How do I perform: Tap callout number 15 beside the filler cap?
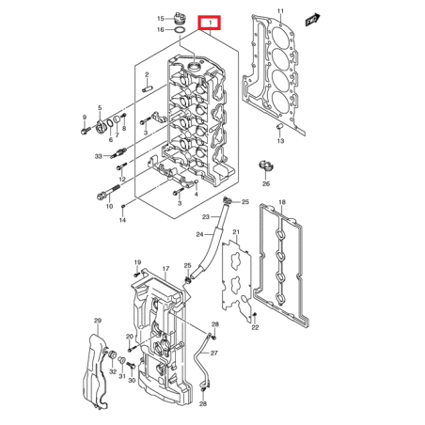(x=160, y=18)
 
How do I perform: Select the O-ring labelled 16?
(x=179, y=30)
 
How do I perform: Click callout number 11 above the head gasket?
(x=279, y=10)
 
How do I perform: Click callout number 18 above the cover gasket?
(x=281, y=202)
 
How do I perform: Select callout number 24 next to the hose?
(x=198, y=234)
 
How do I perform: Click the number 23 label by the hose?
(x=204, y=215)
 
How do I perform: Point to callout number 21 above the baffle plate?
(x=236, y=232)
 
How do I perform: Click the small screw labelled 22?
(x=255, y=315)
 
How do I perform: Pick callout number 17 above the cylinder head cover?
(x=165, y=270)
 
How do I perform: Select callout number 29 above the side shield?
(x=96, y=323)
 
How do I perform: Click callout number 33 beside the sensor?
(x=98, y=156)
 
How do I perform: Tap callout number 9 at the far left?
(x=84, y=118)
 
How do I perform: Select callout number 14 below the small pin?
(x=121, y=220)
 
